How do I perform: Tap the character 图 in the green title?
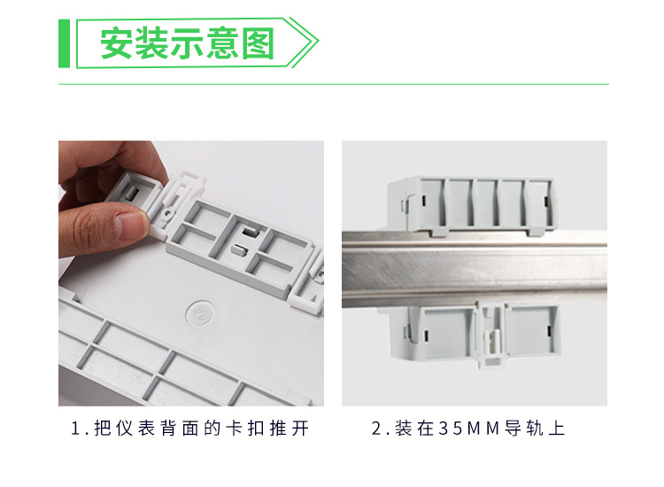tap(258, 43)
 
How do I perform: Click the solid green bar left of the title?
tap(64, 43)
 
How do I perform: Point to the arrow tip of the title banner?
tap(318, 42)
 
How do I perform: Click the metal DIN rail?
tap(475, 269)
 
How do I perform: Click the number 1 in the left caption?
tap(76, 429)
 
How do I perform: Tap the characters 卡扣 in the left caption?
tap(244, 429)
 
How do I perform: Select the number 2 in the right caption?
tap(376, 429)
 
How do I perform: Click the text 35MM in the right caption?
tap(469, 429)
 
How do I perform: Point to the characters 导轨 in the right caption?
tap(524, 429)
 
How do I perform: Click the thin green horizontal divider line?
tap(334, 84)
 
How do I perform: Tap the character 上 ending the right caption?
tap(557, 429)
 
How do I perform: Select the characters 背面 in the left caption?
tap(179, 429)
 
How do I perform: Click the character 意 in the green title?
tap(223, 43)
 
